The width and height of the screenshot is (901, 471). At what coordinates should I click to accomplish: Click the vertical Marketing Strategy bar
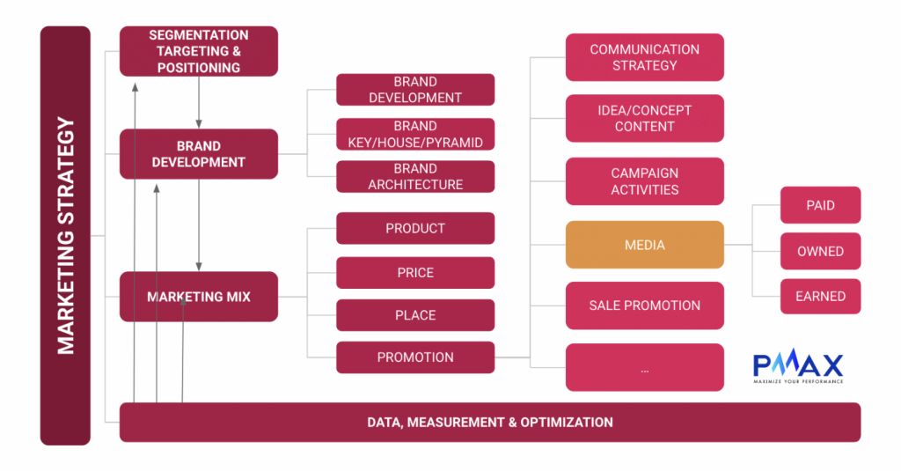[x=65, y=235]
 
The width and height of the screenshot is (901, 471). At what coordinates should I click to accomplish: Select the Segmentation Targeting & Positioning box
[x=198, y=51]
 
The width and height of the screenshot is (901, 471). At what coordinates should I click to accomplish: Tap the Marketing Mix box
[x=198, y=297]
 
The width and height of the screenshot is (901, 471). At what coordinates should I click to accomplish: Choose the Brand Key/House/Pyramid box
[x=415, y=134]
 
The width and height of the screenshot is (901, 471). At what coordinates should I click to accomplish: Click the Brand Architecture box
[x=415, y=176]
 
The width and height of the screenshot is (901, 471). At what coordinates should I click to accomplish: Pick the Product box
[x=415, y=228]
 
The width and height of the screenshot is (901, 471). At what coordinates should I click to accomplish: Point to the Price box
[x=415, y=272]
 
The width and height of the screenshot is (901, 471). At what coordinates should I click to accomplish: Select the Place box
[x=415, y=314]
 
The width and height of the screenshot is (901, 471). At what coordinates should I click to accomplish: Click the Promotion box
[x=415, y=357]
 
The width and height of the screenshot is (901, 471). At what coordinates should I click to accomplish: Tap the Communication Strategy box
[x=644, y=57]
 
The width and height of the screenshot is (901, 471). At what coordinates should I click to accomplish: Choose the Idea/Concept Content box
[x=644, y=118]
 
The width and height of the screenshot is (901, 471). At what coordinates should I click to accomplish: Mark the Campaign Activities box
[x=644, y=180]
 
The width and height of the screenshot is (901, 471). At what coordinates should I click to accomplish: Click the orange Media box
[x=644, y=245]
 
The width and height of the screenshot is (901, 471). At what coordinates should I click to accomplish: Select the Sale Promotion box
[x=644, y=305]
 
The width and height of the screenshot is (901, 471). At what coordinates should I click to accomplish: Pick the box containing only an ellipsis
[x=644, y=367]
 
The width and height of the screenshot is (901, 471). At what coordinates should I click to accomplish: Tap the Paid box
[x=820, y=205]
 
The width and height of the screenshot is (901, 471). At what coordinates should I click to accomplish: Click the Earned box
[x=820, y=297]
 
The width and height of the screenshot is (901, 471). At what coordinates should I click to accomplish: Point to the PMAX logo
[x=798, y=366]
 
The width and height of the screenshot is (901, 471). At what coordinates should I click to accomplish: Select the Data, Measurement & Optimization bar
[x=489, y=422]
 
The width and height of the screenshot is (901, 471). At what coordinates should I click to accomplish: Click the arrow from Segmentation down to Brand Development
[x=200, y=102]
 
